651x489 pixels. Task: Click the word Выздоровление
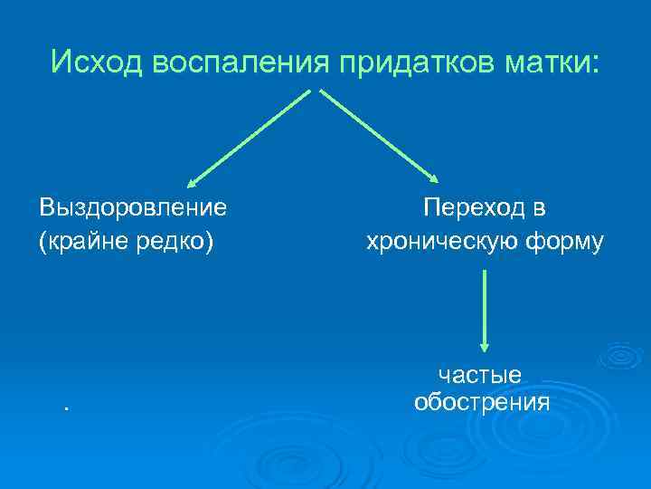(133, 207)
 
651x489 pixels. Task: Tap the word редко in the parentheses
(177, 243)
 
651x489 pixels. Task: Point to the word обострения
(481, 401)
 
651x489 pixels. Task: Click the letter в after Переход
(539, 209)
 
